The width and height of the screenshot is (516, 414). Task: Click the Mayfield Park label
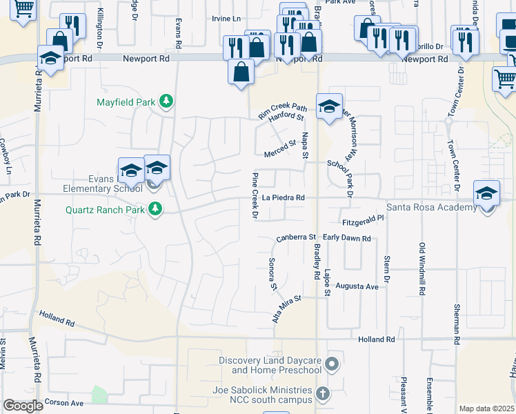pyautogui.click(x=125, y=103)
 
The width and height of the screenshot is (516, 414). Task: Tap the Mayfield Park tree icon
pyautogui.click(x=166, y=103)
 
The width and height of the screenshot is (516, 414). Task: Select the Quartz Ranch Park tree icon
pyautogui.click(x=156, y=209)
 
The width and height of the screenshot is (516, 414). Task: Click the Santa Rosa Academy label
pyautogui.click(x=430, y=208)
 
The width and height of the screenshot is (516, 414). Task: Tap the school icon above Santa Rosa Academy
pyautogui.click(x=486, y=194)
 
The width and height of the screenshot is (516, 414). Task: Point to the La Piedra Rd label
pyautogui.click(x=284, y=198)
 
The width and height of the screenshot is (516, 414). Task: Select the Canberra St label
pyautogui.click(x=295, y=238)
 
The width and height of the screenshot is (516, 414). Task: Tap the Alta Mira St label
pyautogui.click(x=287, y=308)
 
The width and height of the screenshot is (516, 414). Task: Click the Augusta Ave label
pyautogui.click(x=357, y=286)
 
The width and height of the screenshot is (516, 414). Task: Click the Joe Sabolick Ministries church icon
pyautogui.click(x=322, y=395)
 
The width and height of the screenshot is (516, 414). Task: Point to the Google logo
pyautogui.click(x=23, y=406)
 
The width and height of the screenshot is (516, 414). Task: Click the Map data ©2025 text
pyautogui.click(x=486, y=408)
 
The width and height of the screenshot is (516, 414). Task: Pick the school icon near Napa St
pyautogui.click(x=329, y=106)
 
